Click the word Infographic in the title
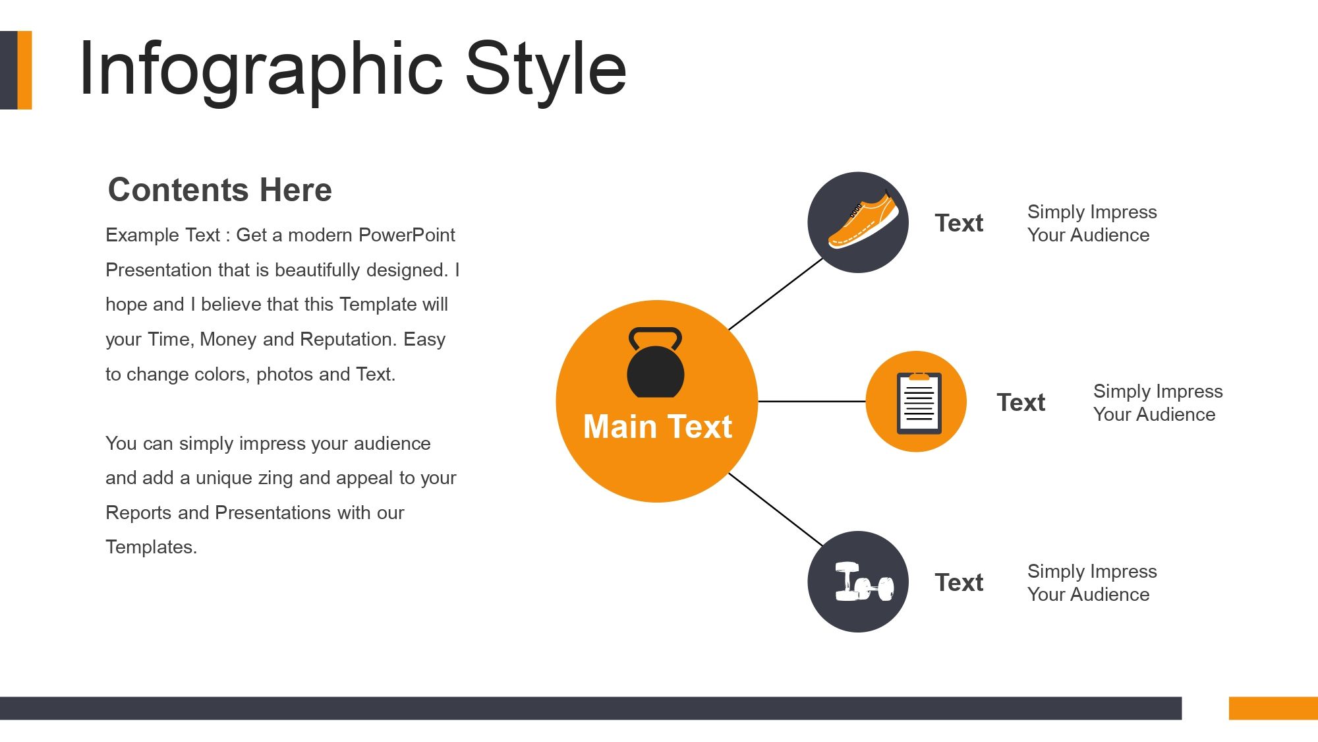point(261,70)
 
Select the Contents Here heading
point(220,190)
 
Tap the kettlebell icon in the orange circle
point(655,363)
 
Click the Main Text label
point(658,427)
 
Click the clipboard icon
point(919,403)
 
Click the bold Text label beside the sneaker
point(959,223)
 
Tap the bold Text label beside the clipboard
point(1021,402)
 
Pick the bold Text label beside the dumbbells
point(959,582)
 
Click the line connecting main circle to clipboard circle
point(812,401)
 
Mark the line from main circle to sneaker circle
point(776,294)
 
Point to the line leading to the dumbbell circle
point(776,509)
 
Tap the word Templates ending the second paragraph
point(151,547)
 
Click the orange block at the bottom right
point(1273,708)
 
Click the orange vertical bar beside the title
point(24,70)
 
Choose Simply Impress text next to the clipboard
point(1158,391)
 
